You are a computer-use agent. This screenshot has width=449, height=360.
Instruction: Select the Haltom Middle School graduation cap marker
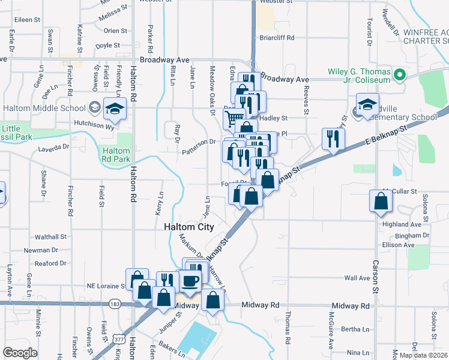tap(113, 109)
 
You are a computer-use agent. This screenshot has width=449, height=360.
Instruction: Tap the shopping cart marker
tap(234, 117)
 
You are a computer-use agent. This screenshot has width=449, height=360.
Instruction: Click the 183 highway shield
tap(114, 304)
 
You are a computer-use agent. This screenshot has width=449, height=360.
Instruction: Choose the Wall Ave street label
tap(357, 278)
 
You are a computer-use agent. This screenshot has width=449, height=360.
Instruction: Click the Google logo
tap(20, 353)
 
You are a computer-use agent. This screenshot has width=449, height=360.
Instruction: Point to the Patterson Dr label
tap(199, 142)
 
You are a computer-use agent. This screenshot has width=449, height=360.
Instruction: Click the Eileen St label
tap(27, 20)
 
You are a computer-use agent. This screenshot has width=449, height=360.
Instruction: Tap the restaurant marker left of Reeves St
tap(331, 139)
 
